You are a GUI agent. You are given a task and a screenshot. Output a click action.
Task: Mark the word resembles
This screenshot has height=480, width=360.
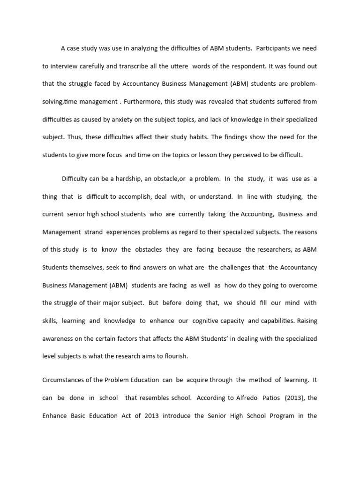click(156, 397)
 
